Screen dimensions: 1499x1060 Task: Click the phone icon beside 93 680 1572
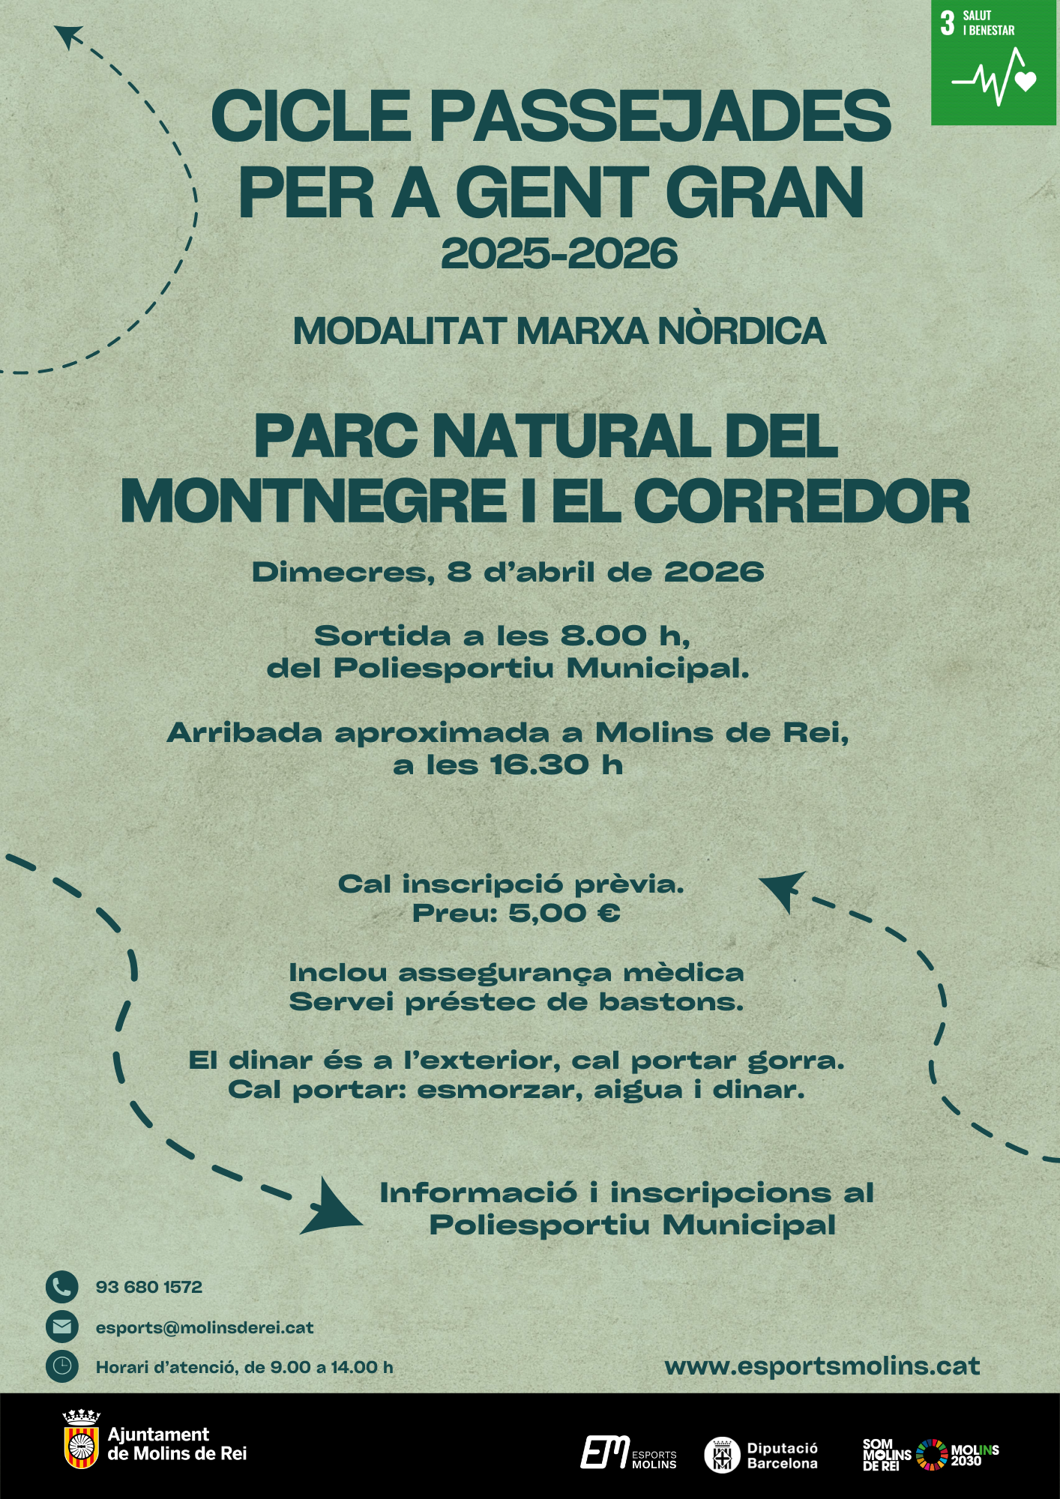(x=61, y=1287)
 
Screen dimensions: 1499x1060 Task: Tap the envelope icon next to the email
(x=61, y=1327)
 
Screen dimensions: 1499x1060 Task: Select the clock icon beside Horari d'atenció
(x=61, y=1367)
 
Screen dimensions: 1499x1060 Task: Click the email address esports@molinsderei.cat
(x=205, y=1327)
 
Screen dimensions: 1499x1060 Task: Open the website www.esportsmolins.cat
(x=822, y=1366)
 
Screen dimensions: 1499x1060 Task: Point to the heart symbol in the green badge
(x=1026, y=80)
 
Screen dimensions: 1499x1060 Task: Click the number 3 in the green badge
(x=948, y=23)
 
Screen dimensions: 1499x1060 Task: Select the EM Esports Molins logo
(x=628, y=1453)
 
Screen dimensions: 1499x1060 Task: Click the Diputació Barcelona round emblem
(x=722, y=1455)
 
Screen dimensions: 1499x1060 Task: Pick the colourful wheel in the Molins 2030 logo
(x=932, y=1455)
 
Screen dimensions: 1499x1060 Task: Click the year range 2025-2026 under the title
(x=559, y=253)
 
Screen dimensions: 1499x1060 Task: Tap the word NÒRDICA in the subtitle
(x=742, y=331)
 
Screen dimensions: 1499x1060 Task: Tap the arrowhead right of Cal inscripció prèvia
(x=783, y=889)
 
